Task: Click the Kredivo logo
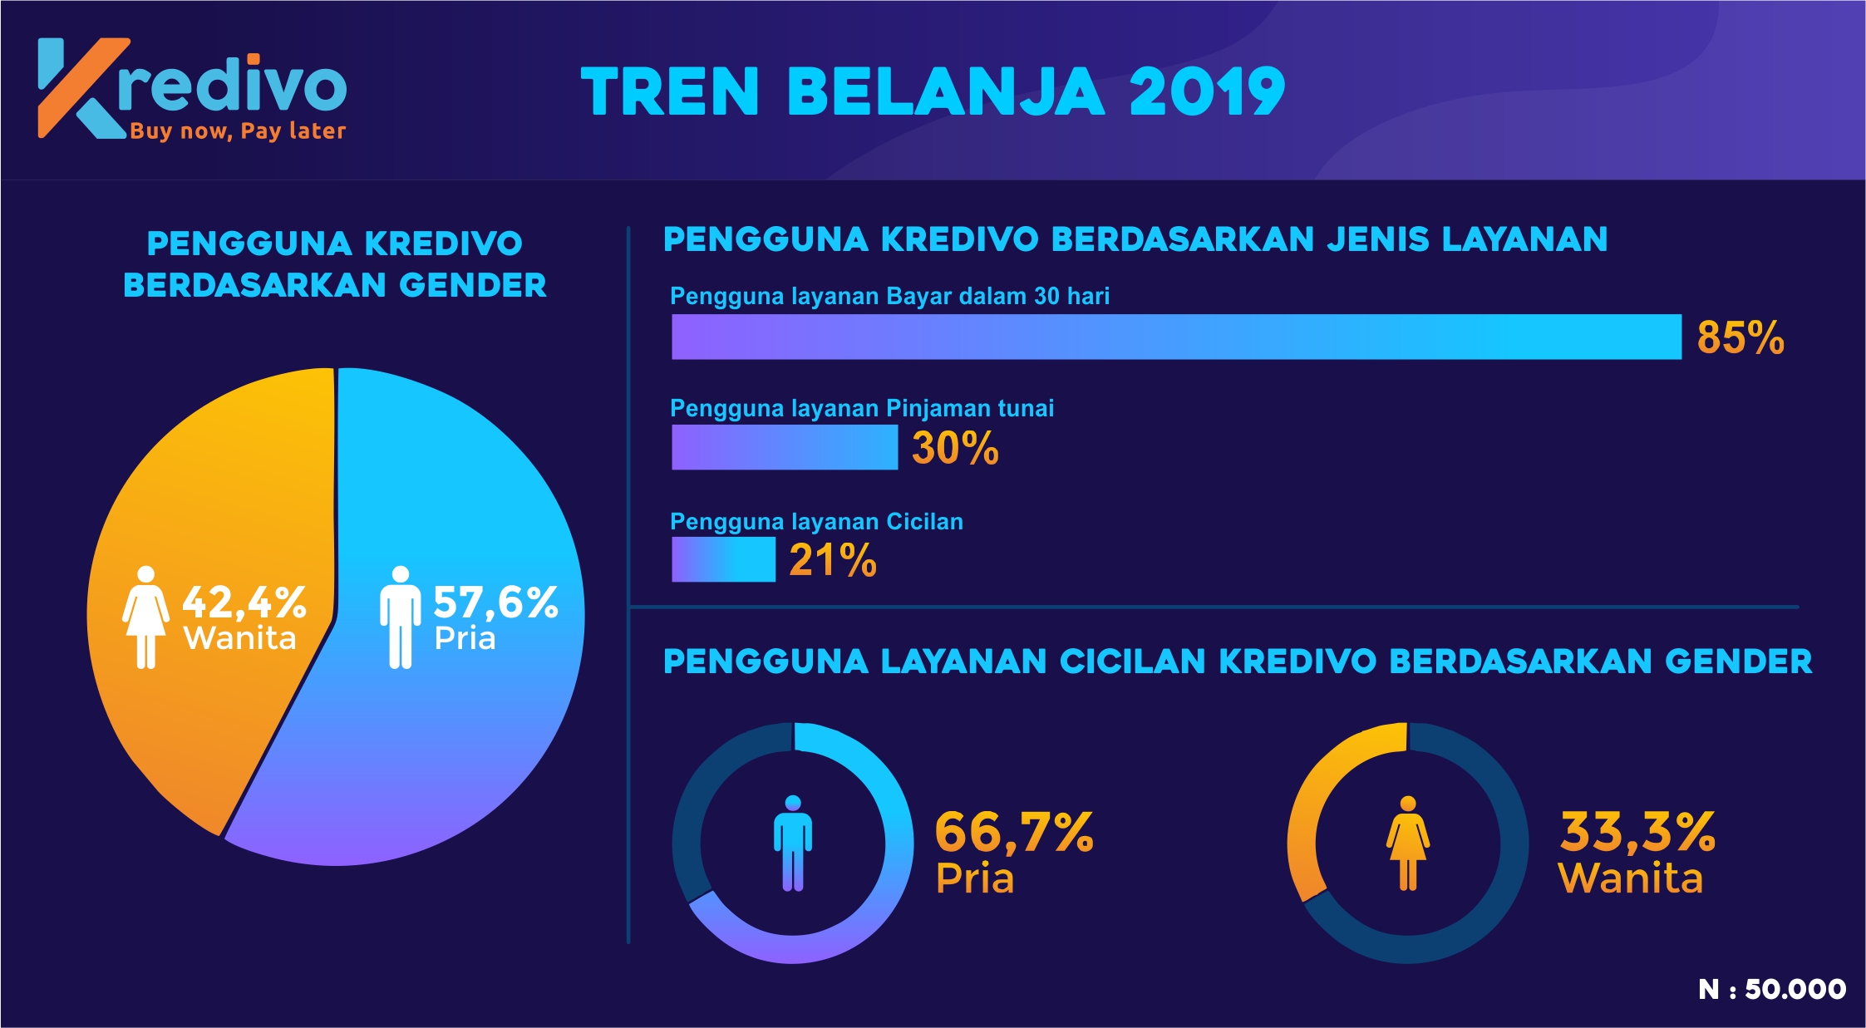(191, 88)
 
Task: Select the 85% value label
(1740, 337)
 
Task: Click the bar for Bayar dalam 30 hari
(1175, 337)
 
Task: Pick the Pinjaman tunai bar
(784, 447)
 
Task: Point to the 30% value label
(955, 448)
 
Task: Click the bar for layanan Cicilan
(723, 559)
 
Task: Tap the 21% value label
(832, 559)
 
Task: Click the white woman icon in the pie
(145, 617)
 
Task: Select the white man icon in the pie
(400, 617)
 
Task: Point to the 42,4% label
(244, 602)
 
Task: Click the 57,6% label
(495, 602)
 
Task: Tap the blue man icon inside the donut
(792, 843)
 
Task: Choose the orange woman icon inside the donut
(1407, 843)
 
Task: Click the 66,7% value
(1014, 832)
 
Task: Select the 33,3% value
(1637, 832)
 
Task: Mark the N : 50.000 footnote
(1771, 989)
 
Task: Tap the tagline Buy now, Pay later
(238, 131)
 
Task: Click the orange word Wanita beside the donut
(1630, 878)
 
